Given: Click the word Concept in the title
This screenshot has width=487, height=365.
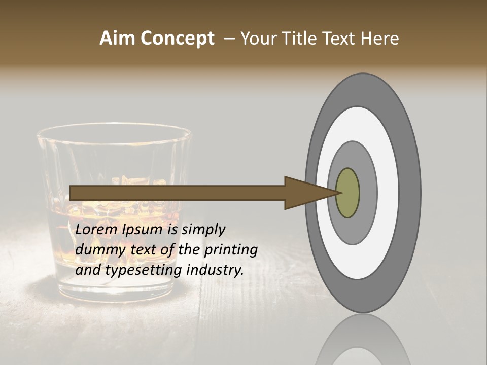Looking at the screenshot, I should [x=178, y=39].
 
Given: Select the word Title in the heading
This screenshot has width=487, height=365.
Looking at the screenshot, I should [x=300, y=39].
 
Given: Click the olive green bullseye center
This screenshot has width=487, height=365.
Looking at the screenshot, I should [x=348, y=193].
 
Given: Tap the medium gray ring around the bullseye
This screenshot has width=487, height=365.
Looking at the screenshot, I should [x=368, y=193].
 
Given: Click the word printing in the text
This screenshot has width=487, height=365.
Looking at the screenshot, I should [x=231, y=250].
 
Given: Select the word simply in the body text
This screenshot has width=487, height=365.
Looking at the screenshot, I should [x=203, y=230].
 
